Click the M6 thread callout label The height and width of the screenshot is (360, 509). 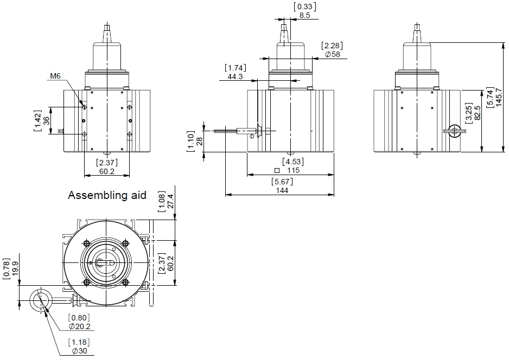pos(55,76)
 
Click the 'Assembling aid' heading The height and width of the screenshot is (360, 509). pos(107,195)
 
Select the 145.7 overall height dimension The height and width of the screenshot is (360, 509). pos(499,97)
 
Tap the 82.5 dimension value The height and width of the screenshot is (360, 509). pos(477,113)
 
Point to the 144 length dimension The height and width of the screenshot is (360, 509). pos(282,190)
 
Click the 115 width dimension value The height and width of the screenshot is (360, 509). pos(294,170)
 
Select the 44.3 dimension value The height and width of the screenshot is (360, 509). pos(235,77)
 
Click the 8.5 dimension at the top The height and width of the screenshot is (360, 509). pos(305,15)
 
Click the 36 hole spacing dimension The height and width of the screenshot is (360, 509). pos(47,121)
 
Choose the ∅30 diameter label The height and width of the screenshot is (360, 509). pos(79,351)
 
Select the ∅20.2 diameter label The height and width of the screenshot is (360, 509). pos(80,326)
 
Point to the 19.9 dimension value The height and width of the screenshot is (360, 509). pos(15,268)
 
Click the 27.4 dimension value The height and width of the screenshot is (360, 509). pos(170,201)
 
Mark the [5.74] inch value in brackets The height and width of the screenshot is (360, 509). pos(490,97)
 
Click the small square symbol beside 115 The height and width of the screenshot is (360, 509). pos(277,170)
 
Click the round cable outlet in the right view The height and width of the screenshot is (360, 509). pos(455,130)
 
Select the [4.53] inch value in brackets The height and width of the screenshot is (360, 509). pos(293,161)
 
